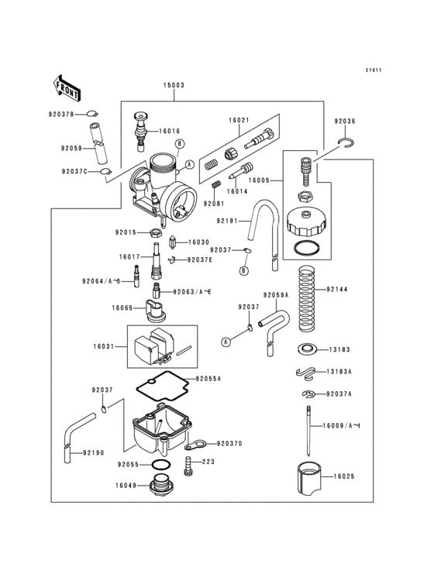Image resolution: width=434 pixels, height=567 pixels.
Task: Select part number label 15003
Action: point(173,87)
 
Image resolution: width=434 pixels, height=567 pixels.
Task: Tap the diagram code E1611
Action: point(375,70)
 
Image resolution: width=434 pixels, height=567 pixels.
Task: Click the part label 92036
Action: point(345,122)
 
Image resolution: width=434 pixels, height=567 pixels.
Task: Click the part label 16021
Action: point(239,121)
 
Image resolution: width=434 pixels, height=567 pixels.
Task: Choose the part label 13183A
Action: point(340,372)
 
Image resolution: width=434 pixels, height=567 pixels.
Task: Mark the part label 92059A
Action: point(275,295)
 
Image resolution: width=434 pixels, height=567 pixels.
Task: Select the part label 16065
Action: point(123,308)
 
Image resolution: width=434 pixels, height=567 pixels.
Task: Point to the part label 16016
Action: point(170,131)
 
